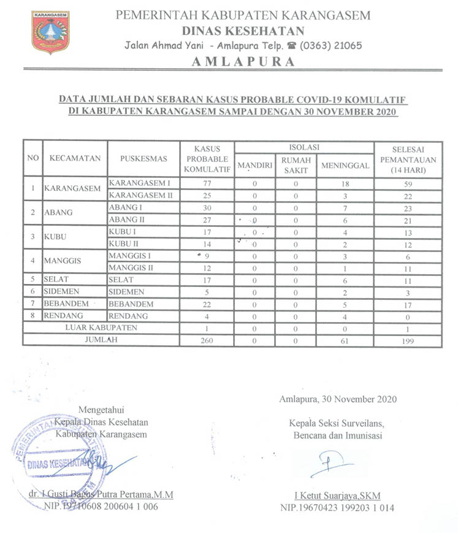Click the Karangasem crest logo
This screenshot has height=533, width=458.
pos(50,32)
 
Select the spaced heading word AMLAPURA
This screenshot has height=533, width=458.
pos(243,61)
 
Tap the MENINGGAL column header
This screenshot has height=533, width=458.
pos(345,166)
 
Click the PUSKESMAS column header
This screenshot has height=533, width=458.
pos(144,158)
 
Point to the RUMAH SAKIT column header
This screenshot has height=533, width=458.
pos(296,166)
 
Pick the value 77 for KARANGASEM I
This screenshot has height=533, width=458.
pos(207,183)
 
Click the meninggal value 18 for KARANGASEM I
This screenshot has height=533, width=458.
pos(345,183)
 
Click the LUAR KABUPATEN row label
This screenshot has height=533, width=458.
pos(101,328)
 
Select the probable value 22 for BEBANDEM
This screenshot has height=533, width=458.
pos(207,304)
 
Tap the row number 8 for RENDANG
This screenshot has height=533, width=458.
pos(32,316)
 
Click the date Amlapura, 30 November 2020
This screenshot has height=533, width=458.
pos(337,399)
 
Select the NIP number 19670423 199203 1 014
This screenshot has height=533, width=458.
pos(337,508)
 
